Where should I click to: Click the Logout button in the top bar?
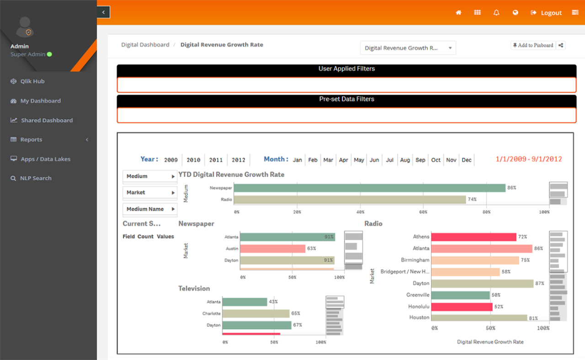(547, 13)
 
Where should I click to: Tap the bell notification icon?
(496, 13)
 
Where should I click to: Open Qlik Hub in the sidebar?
(32, 81)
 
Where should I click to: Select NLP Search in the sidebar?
(35, 178)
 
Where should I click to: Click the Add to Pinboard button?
(533, 45)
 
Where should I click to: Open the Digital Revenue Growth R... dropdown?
(408, 48)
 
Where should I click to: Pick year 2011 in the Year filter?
(216, 160)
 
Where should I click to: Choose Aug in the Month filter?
(405, 160)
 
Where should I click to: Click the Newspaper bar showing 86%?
(369, 188)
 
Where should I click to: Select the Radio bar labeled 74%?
(350, 200)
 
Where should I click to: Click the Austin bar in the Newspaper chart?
(272, 249)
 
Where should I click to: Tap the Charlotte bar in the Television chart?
(256, 314)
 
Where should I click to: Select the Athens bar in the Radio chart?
(473, 237)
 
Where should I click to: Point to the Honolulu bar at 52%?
(462, 307)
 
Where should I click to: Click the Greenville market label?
(418, 295)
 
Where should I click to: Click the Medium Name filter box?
(150, 209)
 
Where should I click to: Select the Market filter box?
(150, 193)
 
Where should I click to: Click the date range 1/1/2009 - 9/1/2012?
(529, 159)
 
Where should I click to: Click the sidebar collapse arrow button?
(103, 12)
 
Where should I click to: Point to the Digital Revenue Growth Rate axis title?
(490, 342)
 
